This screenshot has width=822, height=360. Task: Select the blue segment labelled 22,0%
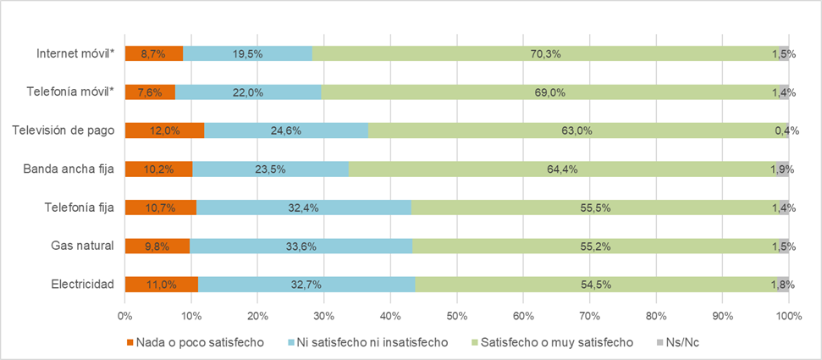(248, 92)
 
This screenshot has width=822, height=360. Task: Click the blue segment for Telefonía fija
(303, 208)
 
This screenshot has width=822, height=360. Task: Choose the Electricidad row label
(81, 285)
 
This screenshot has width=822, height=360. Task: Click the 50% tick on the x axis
(457, 316)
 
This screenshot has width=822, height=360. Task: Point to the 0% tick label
(125, 316)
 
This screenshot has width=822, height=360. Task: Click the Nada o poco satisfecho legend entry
(200, 342)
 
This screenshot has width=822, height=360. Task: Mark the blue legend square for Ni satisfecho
(293, 342)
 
